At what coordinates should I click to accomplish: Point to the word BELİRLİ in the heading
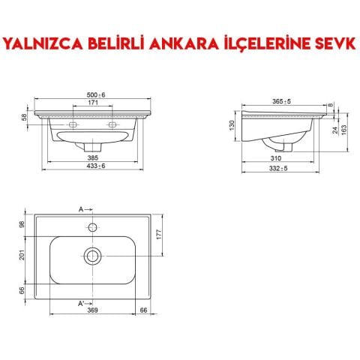[105, 43]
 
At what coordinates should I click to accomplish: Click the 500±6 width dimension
[94, 94]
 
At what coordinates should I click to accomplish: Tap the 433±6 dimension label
[93, 166]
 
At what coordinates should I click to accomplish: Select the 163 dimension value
[344, 129]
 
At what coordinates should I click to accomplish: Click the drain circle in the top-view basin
[93, 256]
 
